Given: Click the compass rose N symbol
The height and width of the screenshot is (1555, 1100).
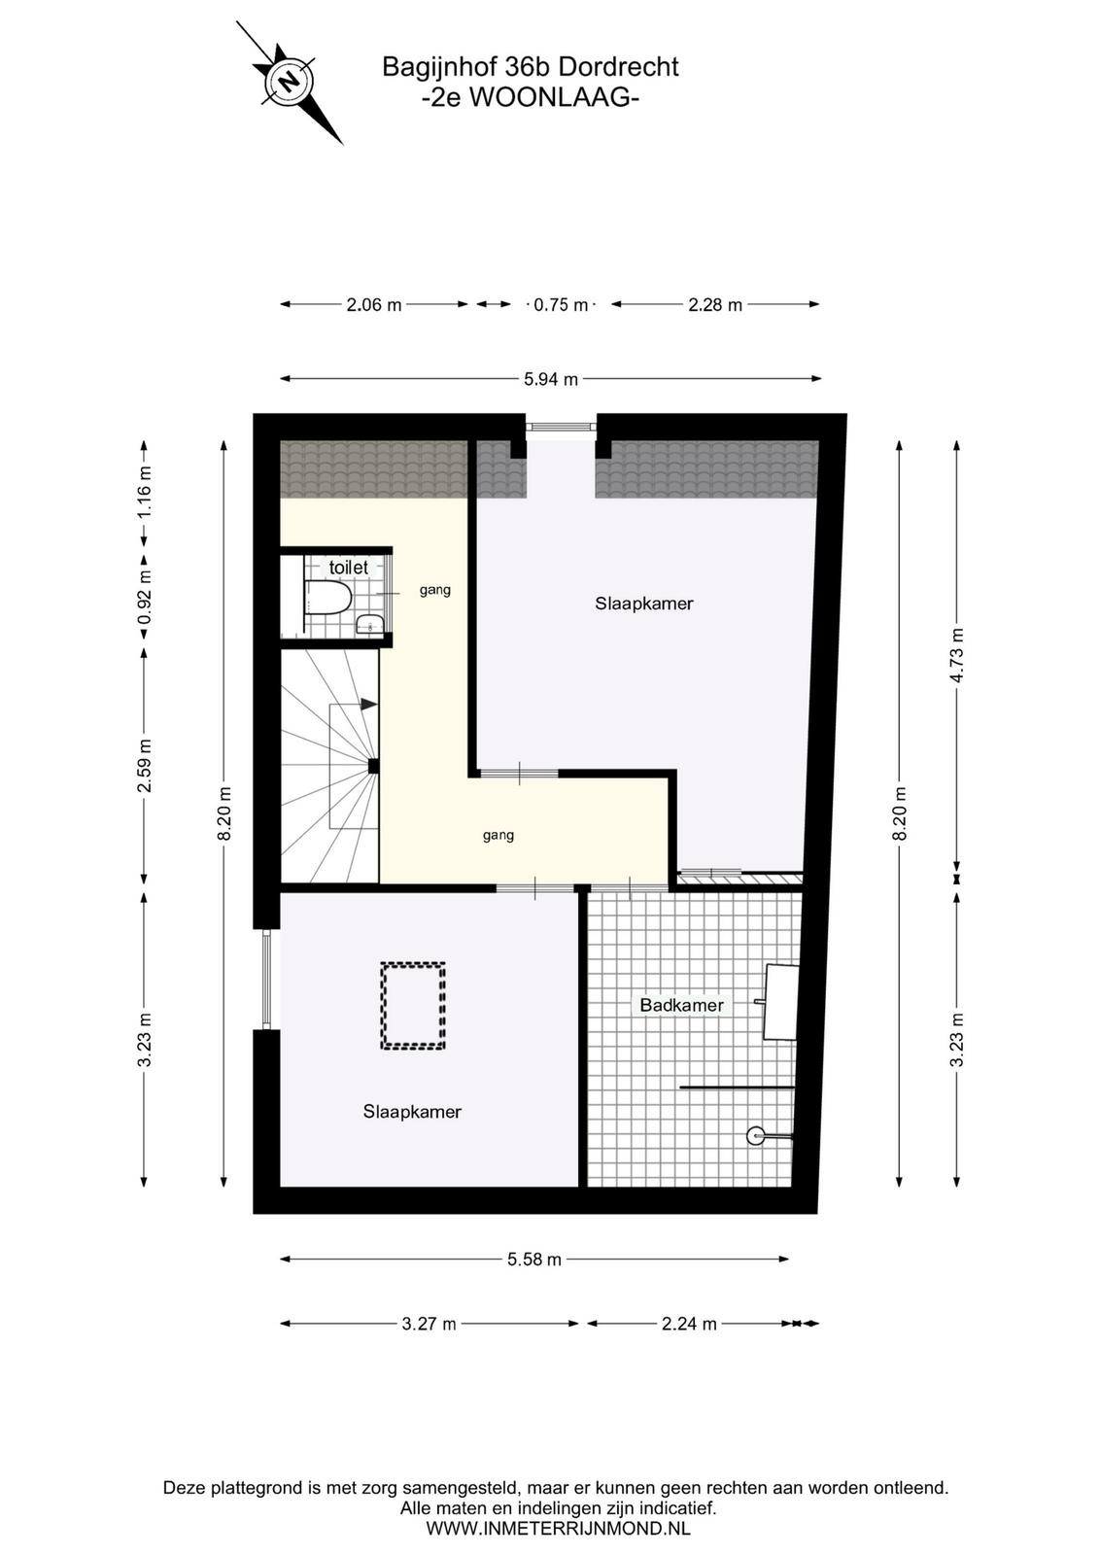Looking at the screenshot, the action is [x=289, y=81].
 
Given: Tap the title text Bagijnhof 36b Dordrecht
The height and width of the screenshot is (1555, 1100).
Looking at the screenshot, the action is [x=531, y=67].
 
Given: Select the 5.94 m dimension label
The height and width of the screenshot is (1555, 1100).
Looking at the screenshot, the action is [x=550, y=379].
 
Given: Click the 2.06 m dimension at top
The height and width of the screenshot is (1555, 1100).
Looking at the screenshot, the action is [x=374, y=305].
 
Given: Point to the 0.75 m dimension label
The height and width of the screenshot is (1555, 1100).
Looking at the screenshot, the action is [x=560, y=305].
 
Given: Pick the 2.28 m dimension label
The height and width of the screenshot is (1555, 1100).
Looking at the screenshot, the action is [x=715, y=305].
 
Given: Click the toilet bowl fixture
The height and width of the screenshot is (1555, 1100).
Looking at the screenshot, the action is [x=327, y=597].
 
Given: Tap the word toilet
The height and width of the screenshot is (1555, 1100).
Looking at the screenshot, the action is [x=349, y=568].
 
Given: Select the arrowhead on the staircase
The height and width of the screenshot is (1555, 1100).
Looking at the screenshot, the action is [x=369, y=704].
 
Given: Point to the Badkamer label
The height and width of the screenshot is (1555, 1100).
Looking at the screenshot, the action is [x=681, y=1005].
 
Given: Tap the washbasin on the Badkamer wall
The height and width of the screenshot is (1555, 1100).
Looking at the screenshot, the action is [x=780, y=1001].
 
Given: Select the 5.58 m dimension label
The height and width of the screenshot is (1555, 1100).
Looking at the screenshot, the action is [x=533, y=1260].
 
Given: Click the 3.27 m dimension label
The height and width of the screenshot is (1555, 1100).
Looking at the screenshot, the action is [x=429, y=1324].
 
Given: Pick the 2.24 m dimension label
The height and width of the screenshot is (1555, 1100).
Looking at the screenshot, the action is [x=688, y=1324].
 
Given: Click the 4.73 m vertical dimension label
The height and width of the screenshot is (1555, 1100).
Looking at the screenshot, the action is [x=958, y=655].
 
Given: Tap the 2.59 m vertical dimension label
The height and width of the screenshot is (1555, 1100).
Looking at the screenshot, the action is [x=145, y=765].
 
